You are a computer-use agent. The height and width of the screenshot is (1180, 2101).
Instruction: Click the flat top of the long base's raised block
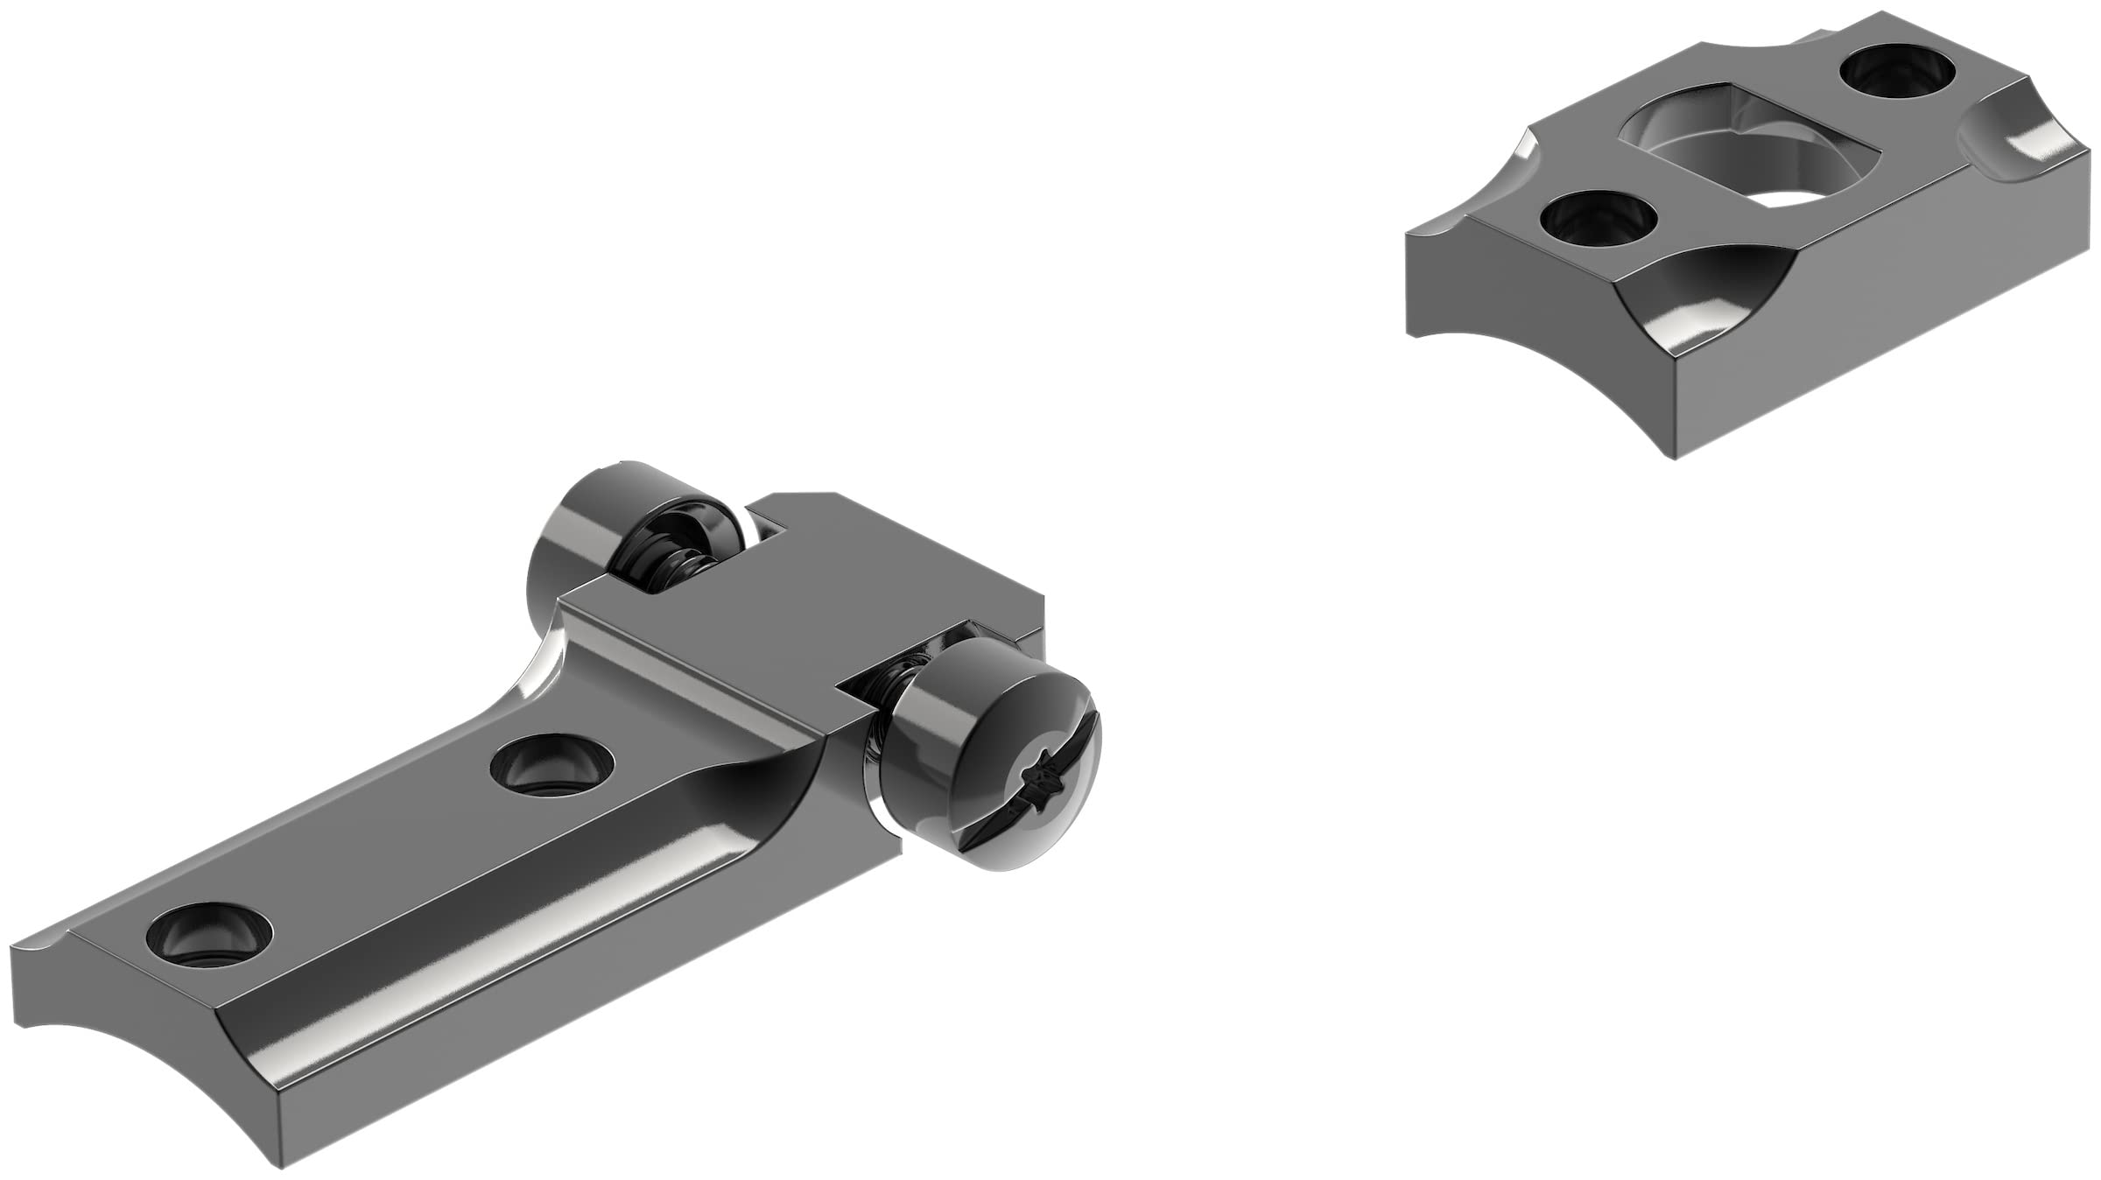click(788, 595)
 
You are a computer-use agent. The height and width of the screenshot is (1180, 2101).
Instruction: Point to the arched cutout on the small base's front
click(1707, 306)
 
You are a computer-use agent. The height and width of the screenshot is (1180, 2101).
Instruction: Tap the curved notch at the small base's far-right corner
click(2013, 158)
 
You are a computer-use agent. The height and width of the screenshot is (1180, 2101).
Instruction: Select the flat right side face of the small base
click(1882, 333)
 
